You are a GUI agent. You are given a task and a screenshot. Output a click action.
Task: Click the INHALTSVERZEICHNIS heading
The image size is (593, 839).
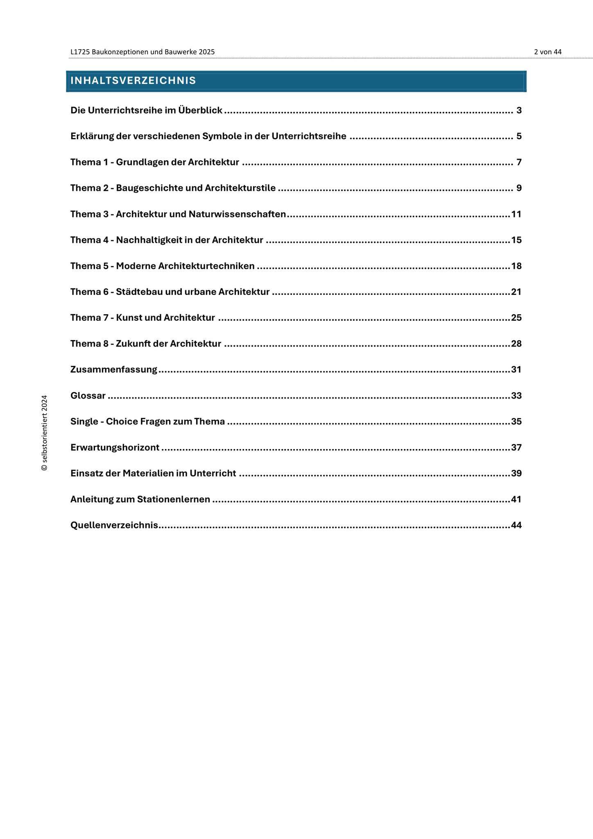tap(133, 81)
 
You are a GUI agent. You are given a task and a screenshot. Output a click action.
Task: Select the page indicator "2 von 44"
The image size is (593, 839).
tap(548, 52)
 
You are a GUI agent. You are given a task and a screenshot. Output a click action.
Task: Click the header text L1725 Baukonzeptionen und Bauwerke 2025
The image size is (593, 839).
tap(143, 52)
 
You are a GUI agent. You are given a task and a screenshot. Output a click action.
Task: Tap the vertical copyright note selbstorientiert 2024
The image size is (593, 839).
tap(45, 433)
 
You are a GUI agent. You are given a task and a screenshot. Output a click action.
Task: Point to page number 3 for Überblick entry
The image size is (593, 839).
tap(519, 111)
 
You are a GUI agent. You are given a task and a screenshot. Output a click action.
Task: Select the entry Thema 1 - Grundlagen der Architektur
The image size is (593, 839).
tap(155, 162)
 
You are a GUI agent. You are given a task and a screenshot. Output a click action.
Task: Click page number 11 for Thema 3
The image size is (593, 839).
tap(516, 214)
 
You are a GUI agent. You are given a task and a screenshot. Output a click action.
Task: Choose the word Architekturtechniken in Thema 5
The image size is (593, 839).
tap(206, 266)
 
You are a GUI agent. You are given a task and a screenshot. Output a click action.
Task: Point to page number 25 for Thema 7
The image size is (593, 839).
tap(516, 318)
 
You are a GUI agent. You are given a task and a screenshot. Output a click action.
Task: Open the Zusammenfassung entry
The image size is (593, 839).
tap(114, 370)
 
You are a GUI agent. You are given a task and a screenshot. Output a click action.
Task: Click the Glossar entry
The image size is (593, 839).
tap(88, 396)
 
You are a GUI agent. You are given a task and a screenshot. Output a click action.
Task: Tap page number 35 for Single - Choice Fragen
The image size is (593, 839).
tap(516, 422)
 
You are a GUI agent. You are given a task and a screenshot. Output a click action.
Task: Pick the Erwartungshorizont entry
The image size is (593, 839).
tap(115, 447)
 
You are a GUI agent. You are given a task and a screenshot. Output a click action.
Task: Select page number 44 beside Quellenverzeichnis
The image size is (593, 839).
tap(516, 525)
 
